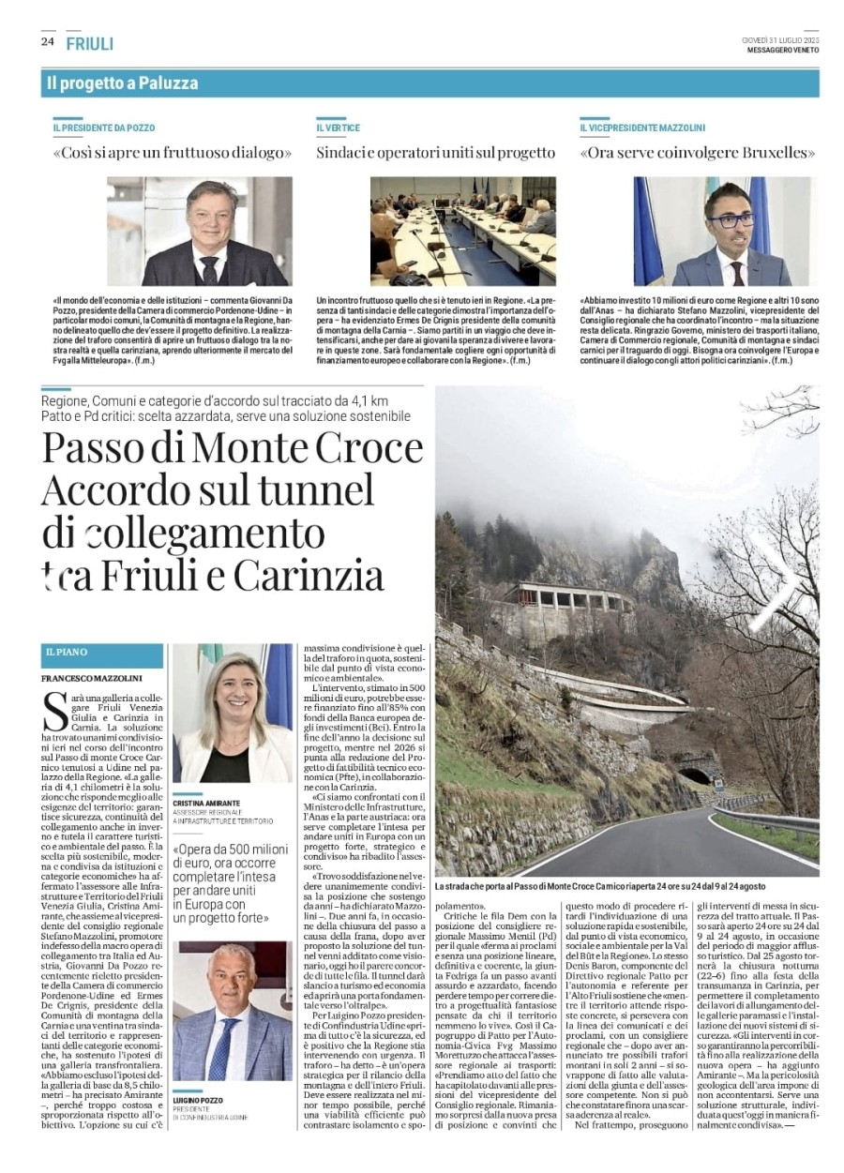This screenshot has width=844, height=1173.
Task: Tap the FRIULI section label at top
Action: pos(90,43)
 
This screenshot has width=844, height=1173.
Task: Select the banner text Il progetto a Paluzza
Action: pos(123,83)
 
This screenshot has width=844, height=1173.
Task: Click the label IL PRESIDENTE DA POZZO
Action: pos(104,128)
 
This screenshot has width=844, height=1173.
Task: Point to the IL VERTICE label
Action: pos(338,128)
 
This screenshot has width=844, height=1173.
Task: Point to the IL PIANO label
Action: pos(65,651)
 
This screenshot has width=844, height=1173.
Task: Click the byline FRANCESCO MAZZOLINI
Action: pos(91,677)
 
